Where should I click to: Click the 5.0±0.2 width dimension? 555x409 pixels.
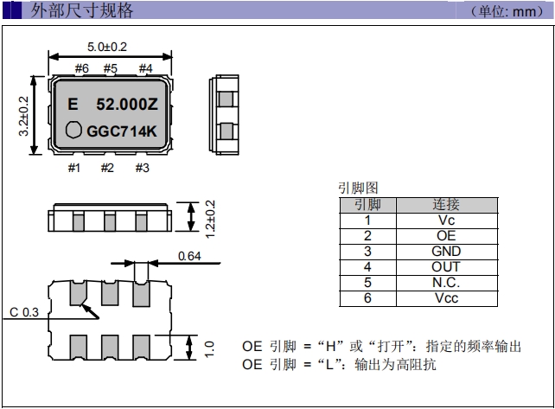tap(109, 47)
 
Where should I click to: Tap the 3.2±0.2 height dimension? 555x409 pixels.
tap(23, 117)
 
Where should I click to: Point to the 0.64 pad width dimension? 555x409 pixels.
tap(189, 256)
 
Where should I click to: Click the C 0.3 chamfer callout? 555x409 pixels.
tap(23, 311)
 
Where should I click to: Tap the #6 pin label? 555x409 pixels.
tap(82, 68)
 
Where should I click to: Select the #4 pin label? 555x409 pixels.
tap(144, 68)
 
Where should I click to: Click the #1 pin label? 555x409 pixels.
tap(74, 168)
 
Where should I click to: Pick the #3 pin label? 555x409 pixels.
tap(142, 168)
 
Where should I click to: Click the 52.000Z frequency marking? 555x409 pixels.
tap(125, 105)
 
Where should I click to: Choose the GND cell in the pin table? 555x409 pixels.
tap(446, 252)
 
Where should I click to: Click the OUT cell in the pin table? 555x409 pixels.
tap(446, 267)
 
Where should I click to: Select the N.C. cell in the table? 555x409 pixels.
tap(446, 283)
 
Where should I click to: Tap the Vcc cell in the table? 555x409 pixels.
tap(446, 298)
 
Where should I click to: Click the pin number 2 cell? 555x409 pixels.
tap(367, 236)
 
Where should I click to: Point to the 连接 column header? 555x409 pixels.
tap(446, 205)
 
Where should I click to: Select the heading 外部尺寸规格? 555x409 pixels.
tap(83, 11)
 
